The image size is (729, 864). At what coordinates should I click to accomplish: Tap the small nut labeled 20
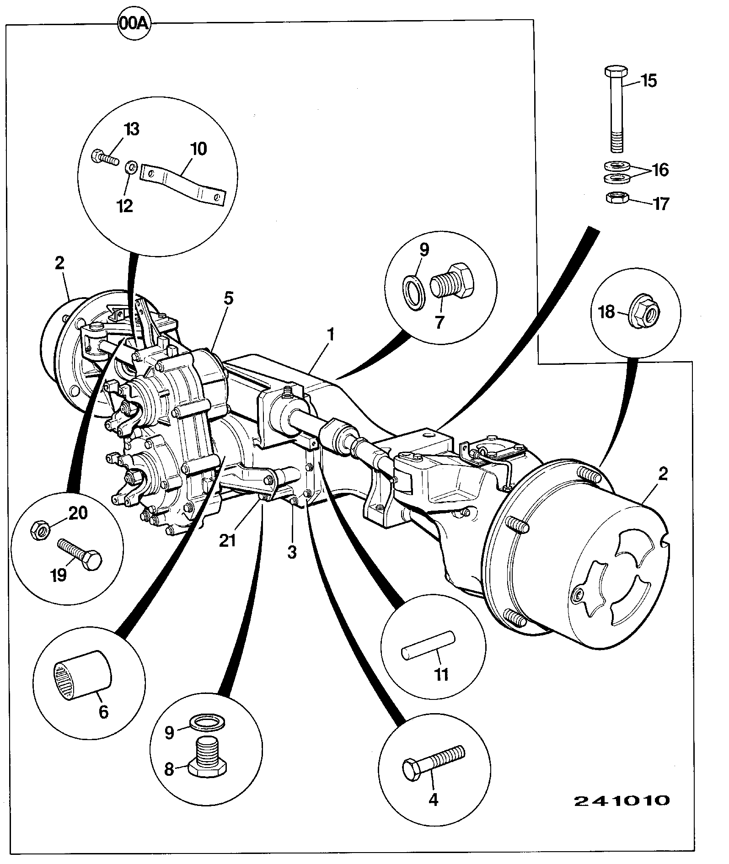pos(40,530)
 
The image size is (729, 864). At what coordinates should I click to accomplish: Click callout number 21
pos(227,540)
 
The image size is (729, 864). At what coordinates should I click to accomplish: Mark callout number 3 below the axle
pos(292,552)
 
